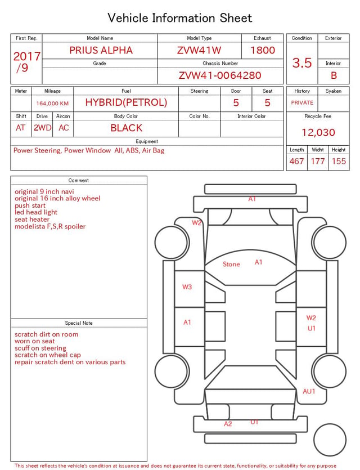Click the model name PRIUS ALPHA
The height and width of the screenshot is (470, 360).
(101, 50)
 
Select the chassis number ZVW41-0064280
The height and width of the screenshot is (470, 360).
(220, 75)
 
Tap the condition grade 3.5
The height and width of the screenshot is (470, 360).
(302, 62)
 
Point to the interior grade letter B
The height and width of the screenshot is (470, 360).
(334, 75)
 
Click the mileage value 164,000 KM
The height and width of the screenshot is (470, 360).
(52, 104)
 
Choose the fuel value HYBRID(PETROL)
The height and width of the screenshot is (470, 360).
(126, 102)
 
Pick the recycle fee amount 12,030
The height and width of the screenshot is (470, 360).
(318, 132)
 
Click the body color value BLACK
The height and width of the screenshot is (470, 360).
(127, 128)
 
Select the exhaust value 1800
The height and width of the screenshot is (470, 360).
(263, 50)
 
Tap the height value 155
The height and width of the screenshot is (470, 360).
(339, 161)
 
